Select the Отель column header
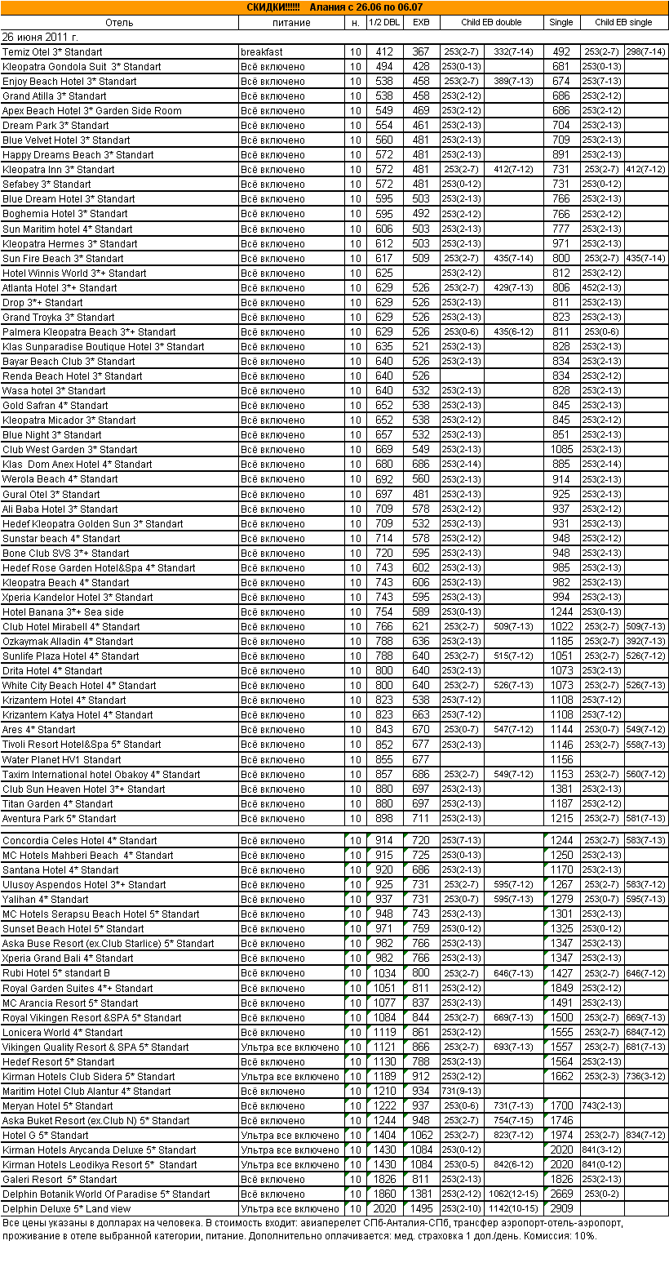point(119,22)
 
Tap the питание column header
point(291,22)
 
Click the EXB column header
point(420,22)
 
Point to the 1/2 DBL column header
point(384,22)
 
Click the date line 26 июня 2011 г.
point(40,37)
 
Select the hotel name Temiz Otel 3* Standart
point(52,52)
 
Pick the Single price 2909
point(560,1208)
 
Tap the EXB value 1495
point(420,1208)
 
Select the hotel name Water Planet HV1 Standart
point(62,759)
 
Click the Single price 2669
point(560,1194)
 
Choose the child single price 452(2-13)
point(602,287)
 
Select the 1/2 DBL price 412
point(384,52)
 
